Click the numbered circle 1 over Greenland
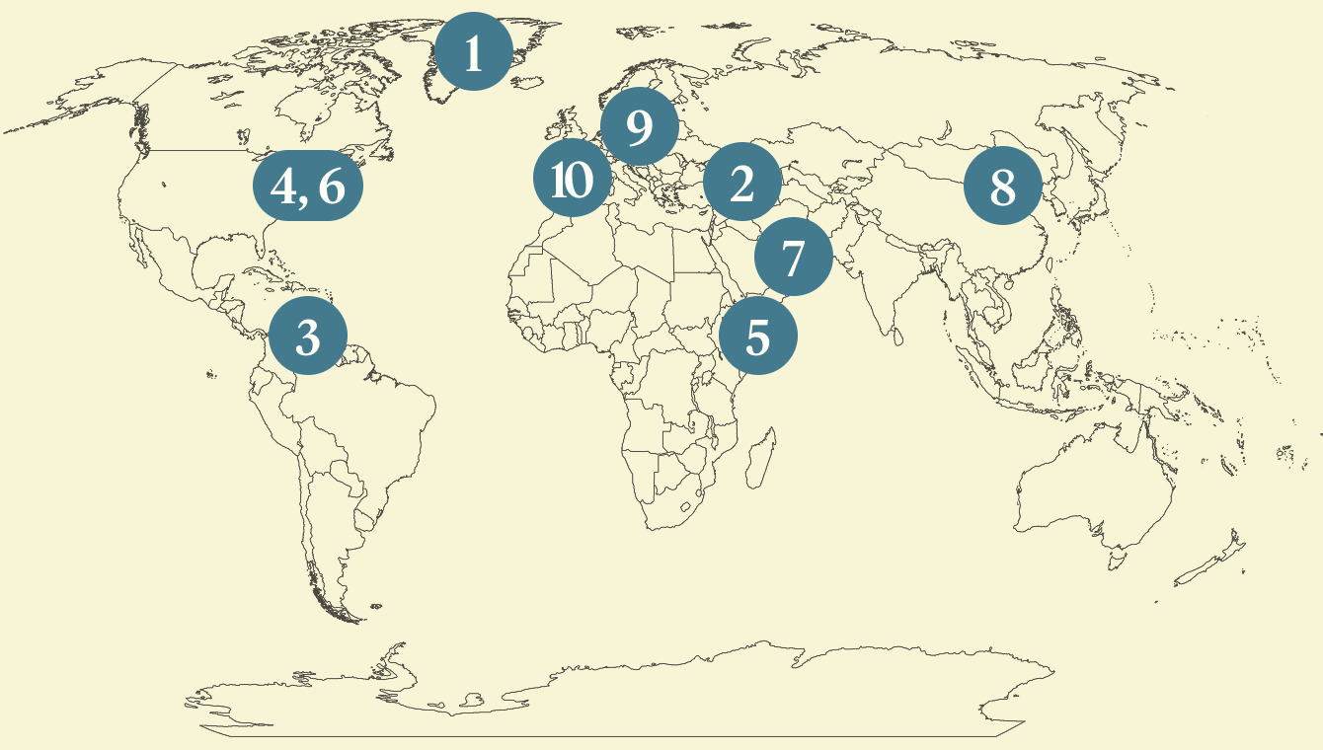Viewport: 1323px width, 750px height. pos(474,51)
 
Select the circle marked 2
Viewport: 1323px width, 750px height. pos(741,182)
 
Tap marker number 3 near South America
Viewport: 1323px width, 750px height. pos(308,336)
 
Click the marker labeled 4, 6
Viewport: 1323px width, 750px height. pos(308,186)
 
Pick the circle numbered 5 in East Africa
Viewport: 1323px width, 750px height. pos(757,336)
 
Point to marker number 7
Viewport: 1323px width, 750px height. pos(793,257)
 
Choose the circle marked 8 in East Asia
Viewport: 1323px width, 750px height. pos(1002,186)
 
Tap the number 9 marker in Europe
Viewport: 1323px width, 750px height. pos(639,126)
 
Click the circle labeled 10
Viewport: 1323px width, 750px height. pos(572,180)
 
